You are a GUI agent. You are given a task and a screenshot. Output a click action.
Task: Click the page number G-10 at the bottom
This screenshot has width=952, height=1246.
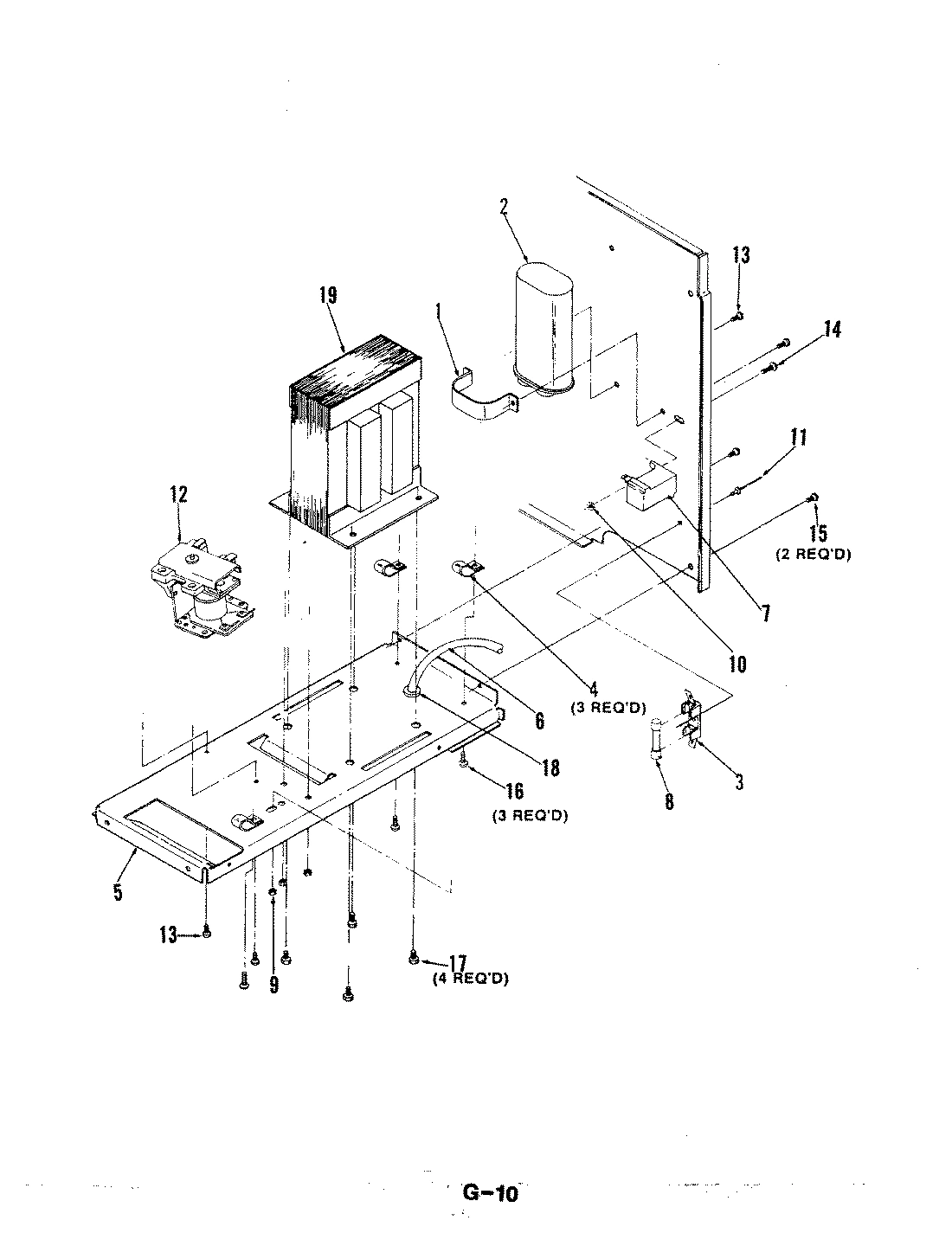coord(490,1193)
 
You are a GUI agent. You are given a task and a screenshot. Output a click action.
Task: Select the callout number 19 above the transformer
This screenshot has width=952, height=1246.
coord(327,295)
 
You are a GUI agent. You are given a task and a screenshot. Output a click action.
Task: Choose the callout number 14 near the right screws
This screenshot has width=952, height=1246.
coord(832,330)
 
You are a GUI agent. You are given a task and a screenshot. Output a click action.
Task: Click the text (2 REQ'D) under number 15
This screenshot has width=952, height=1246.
coord(812,555)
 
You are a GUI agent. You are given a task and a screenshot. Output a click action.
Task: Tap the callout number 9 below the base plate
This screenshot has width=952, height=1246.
coord(273,984)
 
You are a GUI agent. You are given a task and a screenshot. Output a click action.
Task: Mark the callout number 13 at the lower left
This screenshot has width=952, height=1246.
coord(167,934)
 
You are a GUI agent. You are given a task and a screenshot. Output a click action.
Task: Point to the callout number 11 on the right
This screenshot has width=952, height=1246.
coord(797,437)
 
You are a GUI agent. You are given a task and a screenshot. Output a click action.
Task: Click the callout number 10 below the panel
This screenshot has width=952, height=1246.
coord(737,665)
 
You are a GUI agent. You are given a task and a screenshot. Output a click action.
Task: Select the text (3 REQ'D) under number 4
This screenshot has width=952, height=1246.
coord(608,707)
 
